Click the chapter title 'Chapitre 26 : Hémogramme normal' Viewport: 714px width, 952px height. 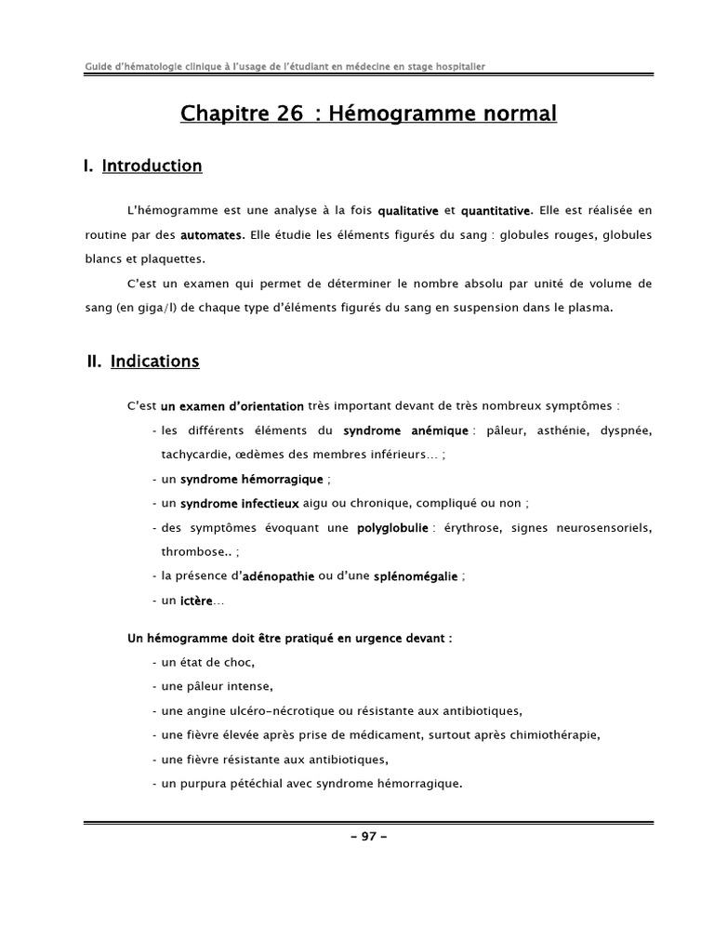click(368, 114)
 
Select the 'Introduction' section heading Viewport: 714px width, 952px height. click(152, 166)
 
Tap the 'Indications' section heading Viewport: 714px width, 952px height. click(154, 362)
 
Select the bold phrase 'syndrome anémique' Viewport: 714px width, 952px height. click(405, 430)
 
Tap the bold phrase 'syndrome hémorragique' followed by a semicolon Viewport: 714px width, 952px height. click(252, 479)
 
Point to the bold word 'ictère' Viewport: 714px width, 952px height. click(196, 601)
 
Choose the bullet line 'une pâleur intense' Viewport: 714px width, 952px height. click(217, 687)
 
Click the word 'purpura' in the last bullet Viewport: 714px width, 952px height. click(205, 784)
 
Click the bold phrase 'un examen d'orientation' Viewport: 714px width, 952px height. click(231, 406)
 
